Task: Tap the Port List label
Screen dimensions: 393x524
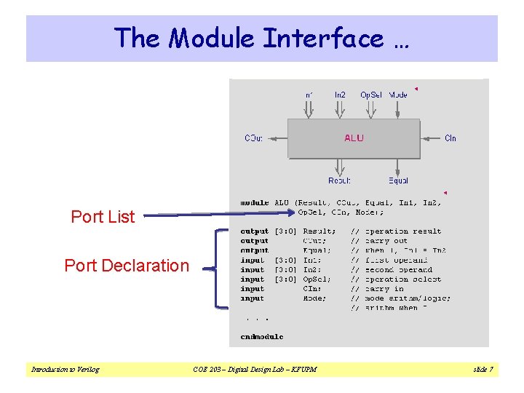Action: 103,217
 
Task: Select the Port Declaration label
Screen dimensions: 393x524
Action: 127,266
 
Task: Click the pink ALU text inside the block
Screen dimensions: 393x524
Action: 354,138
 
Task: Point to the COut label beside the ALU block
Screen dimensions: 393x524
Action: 254,138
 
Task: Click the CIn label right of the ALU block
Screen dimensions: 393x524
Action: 450,138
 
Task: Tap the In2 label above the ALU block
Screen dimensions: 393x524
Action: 340,95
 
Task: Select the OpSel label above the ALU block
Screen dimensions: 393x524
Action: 370,95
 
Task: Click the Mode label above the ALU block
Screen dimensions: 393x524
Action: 398,95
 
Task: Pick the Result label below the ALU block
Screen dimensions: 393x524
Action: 339,180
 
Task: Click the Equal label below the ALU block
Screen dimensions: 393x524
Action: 398,180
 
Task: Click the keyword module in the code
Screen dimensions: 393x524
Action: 254,203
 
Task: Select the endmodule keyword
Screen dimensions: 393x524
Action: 261,337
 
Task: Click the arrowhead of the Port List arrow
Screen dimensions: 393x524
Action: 291,213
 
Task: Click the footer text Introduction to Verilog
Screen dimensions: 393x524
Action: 65,370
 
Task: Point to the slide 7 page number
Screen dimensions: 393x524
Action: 483,370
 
